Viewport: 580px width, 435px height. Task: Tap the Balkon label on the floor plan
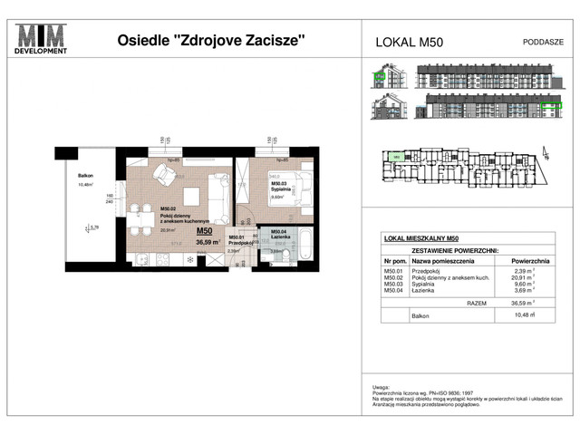pos(85,177)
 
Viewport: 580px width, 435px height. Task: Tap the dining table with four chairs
pos(140,218)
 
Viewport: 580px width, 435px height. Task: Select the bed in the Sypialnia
pos(296,188)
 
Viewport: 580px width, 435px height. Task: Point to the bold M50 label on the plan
pos(205,231)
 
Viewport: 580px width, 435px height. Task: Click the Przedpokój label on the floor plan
pos(238,243)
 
